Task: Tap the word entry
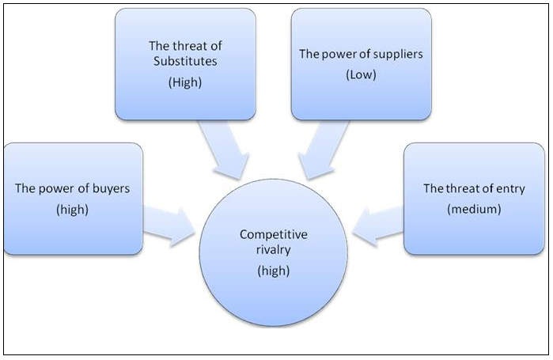point(509,189)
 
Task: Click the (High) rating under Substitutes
point(186,81)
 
